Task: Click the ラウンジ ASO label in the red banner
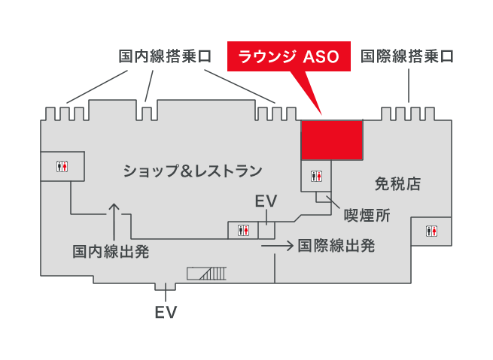(x=288, y=56)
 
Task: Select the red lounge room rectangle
(x=333, y=139)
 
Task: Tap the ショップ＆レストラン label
(x=193, y=171)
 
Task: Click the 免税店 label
(x=397, y=183)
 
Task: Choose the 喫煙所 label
(x=367, y=216)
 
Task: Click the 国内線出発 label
(x=111, y=251)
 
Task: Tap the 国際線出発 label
(x=336, y=245)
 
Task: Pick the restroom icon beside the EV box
(x=243, y=230)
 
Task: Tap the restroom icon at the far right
(x=431, y=231)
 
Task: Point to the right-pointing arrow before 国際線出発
(x=277, y=245)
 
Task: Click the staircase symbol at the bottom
(x=207, y=274)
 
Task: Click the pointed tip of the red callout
(x=323, y=114)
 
